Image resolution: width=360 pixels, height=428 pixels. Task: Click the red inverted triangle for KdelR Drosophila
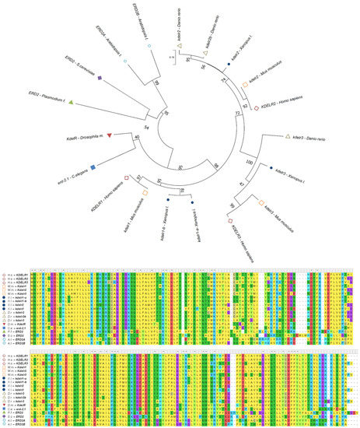click(110, 136)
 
